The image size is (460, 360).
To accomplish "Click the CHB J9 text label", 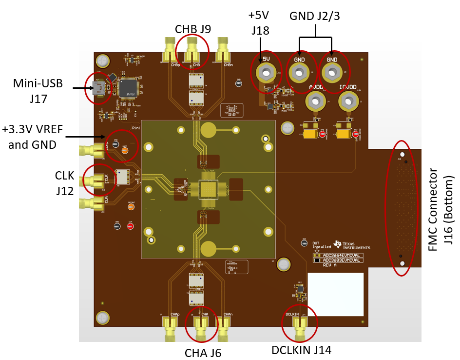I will click(x=192, y=28).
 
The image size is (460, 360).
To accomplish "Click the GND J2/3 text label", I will click(x=314, y=16).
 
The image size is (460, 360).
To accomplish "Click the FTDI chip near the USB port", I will click(x=129, y=88).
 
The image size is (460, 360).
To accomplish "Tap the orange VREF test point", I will click(x=125, y=150).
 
